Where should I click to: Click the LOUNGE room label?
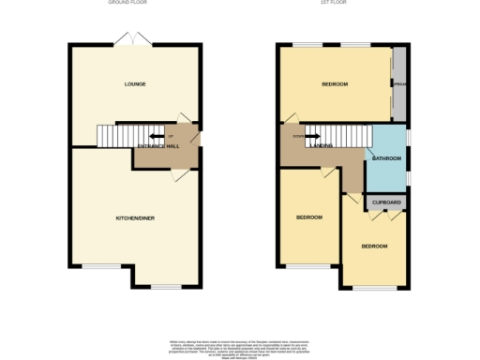[x=135, y=84]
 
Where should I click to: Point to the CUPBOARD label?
[x=387, y=202]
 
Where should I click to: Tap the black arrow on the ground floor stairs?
[x=145, y=134]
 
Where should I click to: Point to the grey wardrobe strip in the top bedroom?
[x=399, y=84]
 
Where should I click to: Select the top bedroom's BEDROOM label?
[x=335, y=84]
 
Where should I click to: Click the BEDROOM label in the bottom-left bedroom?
[x=309, y=217]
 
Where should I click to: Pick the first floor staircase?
[x=335, y=137]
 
